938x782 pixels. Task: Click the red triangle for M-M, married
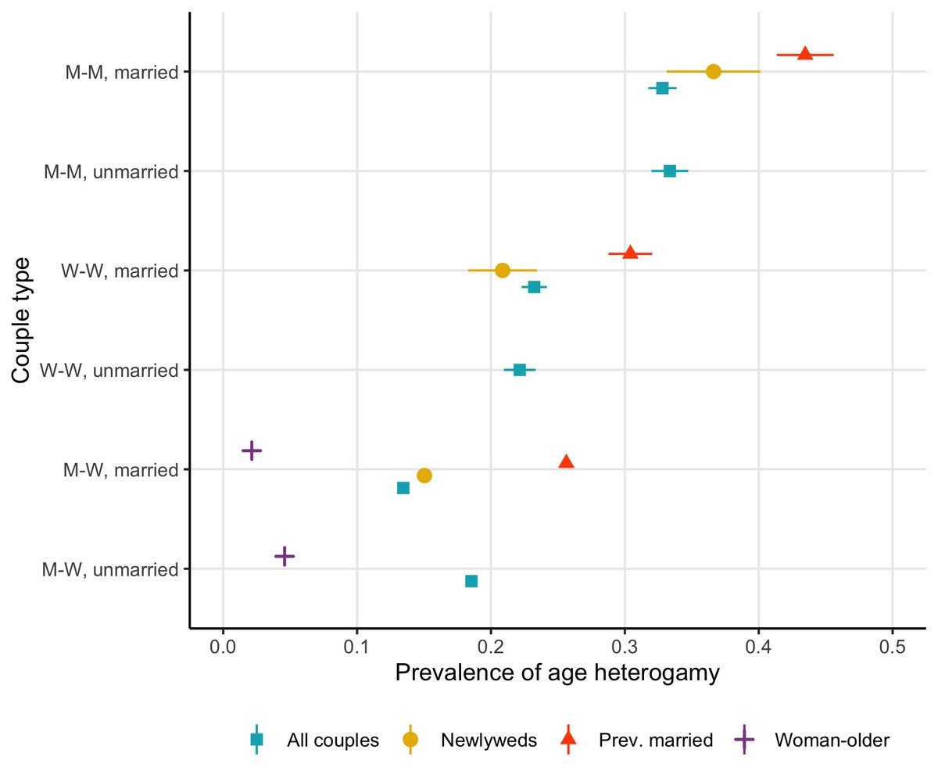pos(804,54)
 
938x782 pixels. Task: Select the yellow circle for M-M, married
pos(713,71)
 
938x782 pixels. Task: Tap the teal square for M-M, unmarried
pos(669,170)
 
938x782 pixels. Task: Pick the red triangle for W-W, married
pos(630,253)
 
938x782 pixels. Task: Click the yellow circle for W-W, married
pos(502,270)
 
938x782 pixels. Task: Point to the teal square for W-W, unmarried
pos(519,369)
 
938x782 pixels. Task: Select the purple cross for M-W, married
pos(251,450)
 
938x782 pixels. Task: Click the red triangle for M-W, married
pos(566,461)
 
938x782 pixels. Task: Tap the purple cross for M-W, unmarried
pos(285,556)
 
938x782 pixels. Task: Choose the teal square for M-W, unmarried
pos(471,580)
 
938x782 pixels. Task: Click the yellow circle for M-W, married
pos(424,475)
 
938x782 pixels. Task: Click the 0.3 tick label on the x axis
pos(624,647)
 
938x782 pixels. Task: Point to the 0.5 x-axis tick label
pos(892,647)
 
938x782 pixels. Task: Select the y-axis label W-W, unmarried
pos(109,370)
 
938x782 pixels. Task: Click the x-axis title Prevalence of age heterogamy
pos(557,673)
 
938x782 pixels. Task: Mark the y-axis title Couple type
pos(22,320)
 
